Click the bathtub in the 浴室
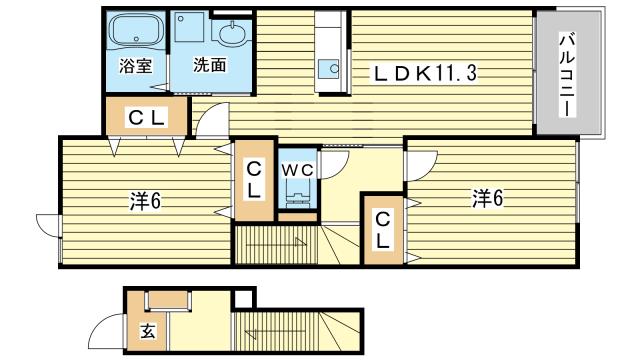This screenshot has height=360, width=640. pyautogui.click(x=135, y=31)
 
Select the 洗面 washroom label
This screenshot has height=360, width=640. pyautogui.click(x=209, y=67)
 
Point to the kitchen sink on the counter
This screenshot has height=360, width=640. pyautogui.click(x=328, y=70)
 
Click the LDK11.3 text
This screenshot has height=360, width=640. pyautogui.click(x=431, y=72)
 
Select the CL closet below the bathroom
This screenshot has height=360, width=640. pyautogui.click(x=146, y=118)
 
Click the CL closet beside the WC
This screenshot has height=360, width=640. pyautogui.click(x=255, y=179)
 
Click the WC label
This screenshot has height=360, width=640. pyautogui.click(x=297, y=169)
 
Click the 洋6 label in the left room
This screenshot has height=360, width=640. pyautogui.click(x=144, y=200)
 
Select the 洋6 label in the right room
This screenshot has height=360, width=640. pyautogui.click(x=487, y=198)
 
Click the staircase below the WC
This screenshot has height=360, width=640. pyautogui.click(x=275, y=246)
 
